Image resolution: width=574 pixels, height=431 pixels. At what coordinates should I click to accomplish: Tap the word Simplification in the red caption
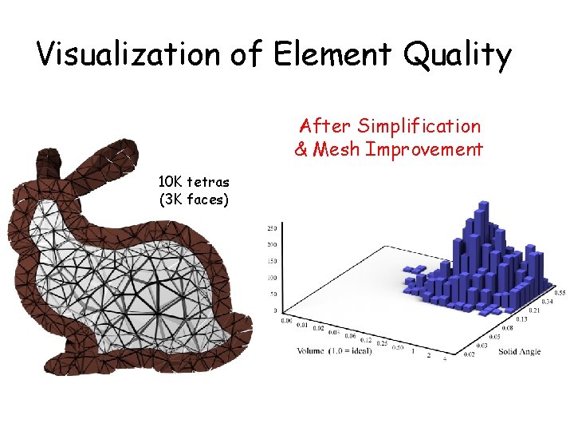pos(419,126)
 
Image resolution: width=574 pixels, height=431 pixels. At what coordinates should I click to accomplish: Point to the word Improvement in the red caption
pos(425,149)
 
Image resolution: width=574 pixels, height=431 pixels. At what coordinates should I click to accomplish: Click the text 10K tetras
pos(195,182)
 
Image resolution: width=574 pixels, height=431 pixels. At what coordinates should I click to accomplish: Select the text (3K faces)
pos(195,200)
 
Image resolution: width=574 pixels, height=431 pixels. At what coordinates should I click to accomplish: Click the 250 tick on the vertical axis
pos(272,227)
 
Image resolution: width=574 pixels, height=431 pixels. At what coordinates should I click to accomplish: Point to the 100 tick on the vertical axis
pos(272,278)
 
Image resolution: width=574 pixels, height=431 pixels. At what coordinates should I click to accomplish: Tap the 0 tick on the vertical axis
pos(275,310)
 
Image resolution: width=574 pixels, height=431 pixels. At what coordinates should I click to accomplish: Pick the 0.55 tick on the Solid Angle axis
pos(560,293)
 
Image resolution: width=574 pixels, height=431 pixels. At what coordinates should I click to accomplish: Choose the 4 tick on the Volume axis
pos(445,358)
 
